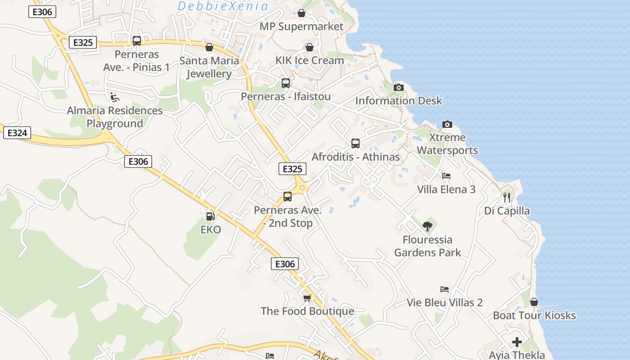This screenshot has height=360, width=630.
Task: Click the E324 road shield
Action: click(17, 133)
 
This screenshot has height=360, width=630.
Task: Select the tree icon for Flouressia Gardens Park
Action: click(427, 226)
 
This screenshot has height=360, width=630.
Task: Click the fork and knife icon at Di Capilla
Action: click(507, 197)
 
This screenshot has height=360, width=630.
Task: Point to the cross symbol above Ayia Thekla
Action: click(517, 342)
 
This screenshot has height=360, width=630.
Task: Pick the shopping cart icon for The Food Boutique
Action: click(307, 298)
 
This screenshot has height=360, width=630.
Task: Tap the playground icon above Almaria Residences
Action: click(115, 97)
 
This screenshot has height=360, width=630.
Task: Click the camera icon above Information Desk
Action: click(399, 87)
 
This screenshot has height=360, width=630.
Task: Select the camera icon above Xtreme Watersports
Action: click(447, 124)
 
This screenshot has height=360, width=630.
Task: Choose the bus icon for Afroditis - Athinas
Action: click(355, 144)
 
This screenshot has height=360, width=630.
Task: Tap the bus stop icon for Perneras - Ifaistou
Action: click(286, 83)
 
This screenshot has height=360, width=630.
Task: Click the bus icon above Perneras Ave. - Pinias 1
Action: click(137, 41)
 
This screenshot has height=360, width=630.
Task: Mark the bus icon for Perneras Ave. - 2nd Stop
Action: click(288, 197)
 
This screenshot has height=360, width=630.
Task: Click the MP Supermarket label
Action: click(301, 27)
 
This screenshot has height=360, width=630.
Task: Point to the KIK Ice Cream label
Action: click(310, 60)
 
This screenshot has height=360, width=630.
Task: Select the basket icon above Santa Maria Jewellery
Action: click(209, 47)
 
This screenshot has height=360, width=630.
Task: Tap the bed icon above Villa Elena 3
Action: click(446, 176)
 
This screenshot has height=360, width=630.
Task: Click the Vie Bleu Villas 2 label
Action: click(445, 302)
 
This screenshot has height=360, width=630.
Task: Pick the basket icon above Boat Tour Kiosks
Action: click(534, 302)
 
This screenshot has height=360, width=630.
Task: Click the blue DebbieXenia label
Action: click(223, 6)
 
